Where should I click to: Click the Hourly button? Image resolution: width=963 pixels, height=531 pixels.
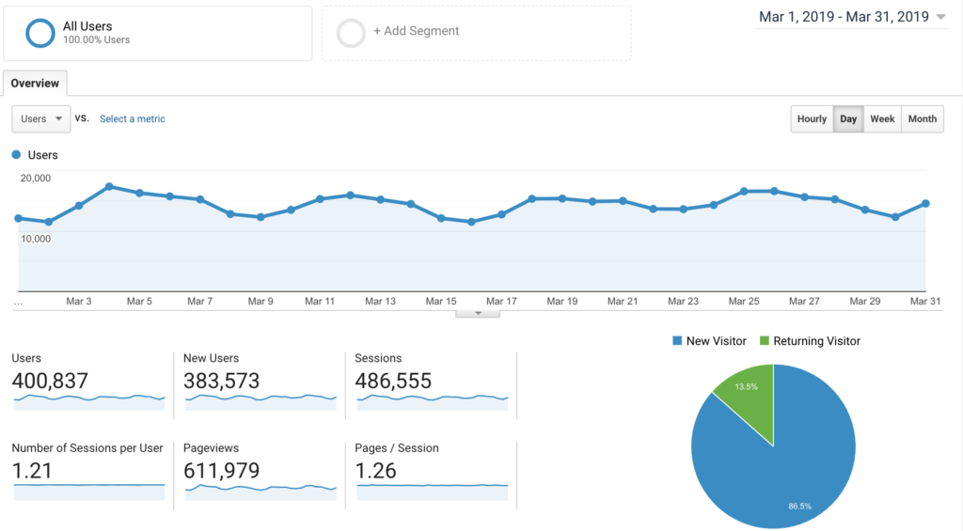812,119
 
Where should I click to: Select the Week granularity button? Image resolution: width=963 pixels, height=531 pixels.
882,119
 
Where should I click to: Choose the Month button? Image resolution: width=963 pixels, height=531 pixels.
922,119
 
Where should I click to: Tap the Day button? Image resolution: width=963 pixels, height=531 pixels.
848,119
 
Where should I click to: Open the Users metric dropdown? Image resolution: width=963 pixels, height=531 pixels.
41,119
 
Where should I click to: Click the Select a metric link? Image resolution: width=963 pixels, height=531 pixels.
133,119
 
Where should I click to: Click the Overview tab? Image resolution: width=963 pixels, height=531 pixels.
35,84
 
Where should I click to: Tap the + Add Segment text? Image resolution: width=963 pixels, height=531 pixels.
416,31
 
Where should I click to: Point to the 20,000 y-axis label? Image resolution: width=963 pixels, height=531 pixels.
36,178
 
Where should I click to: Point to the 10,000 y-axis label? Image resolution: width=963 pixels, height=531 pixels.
36,239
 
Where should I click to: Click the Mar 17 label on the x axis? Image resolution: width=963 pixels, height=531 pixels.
501,302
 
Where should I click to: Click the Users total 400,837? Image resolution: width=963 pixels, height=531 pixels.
50,381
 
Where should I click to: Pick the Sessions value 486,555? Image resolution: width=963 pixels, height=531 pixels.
393,381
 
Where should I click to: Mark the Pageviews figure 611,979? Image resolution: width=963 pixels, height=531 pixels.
222,471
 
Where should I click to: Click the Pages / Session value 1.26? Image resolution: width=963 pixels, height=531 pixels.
376,471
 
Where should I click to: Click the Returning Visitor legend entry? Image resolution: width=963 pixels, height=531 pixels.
810,341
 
